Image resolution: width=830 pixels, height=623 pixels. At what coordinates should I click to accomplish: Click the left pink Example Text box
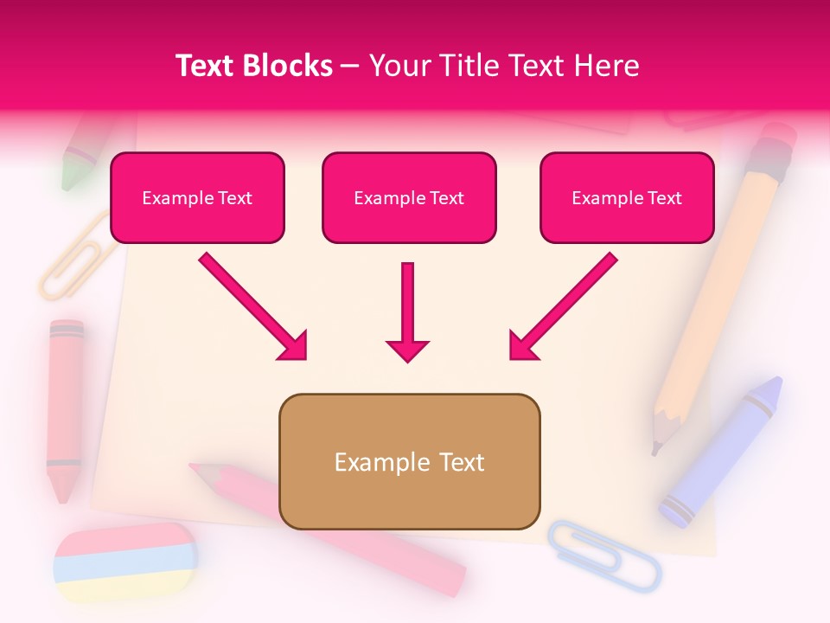pyautogui.click(x=197, y=198)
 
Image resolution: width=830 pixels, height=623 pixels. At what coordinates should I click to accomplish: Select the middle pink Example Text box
pyautogui.click(x=409, y=198)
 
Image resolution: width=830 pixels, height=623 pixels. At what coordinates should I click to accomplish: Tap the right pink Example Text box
pyautogui.click(x=627, y=198)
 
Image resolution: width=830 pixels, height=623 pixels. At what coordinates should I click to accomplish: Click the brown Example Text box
pyautogui.click(x=409, y=462)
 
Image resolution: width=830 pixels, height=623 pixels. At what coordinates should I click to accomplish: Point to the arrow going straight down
pyautogui.click(x=407, y=311)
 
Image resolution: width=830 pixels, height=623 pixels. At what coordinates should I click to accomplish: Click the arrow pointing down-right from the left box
pyautogui.click(x=252, y=306)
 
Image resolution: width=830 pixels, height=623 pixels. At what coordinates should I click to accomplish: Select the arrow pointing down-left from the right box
pyautogui.click(x=563, y=306)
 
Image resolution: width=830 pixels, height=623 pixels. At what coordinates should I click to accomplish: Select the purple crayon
pyautogui.click(x=722, y=450)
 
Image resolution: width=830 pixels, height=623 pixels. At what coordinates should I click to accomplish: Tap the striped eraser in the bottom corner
pyautogui.click(x=125, y=562)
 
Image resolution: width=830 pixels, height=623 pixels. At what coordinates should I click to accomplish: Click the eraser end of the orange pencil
pyautogui.click(x=778, y=138)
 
